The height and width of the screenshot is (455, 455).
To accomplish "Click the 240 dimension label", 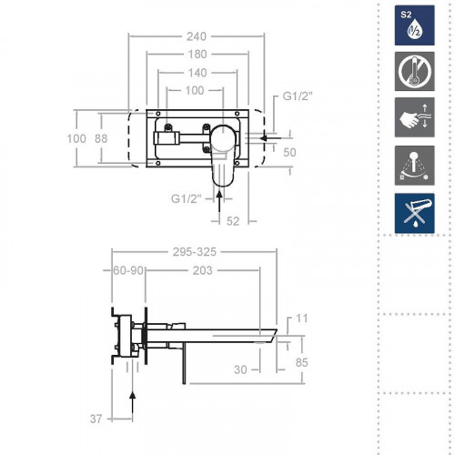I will click(x=196, y=36).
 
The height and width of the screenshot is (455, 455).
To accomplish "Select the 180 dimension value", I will click(x=196, y=55).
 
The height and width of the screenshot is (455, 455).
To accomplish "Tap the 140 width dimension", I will click(x=196, y=73).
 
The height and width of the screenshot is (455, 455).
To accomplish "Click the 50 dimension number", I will click(x=289, y=152).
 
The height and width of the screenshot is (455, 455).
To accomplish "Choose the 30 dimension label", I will click(x=240, y=369).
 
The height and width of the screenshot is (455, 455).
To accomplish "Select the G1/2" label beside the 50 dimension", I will click(x=298, y=96).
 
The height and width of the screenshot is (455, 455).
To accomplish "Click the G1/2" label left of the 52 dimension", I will click(x=187, y=198).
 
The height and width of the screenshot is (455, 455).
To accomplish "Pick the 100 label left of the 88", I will click(x=76, y=138).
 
